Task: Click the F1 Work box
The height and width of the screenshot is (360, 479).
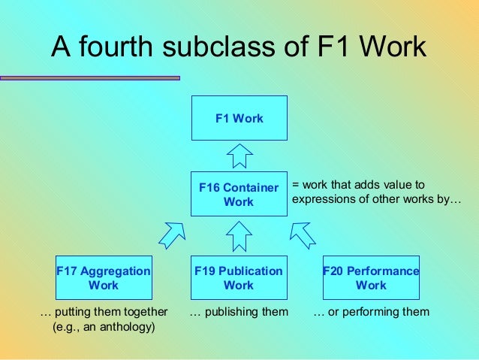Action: click(x=239, y=118)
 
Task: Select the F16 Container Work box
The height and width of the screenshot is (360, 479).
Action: click(x=239, y=195)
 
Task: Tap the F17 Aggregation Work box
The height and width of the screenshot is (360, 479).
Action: click(x=104, y=278)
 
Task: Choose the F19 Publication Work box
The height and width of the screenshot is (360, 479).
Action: click(x=239, y=278)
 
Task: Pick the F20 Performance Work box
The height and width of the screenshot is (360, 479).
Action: click(x=371, y=278)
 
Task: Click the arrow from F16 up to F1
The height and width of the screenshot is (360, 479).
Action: click(x=239, y=156)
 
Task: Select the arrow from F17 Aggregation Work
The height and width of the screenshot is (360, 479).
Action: click(x=172, y=234)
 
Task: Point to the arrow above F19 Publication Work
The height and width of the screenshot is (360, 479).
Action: click(x=239, y=236)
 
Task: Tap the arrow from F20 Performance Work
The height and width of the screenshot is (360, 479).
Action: click(x=303, y=234)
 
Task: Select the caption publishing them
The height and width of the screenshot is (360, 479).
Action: click(x=239, y=311)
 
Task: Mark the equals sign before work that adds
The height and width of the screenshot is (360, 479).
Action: click(x=295, y=185)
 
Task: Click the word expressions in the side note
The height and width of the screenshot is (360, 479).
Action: click(x=321, y=200)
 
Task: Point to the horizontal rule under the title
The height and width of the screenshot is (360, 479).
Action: click(x=90, y=77)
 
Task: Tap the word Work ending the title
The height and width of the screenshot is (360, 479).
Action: click(x=393, y=48)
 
